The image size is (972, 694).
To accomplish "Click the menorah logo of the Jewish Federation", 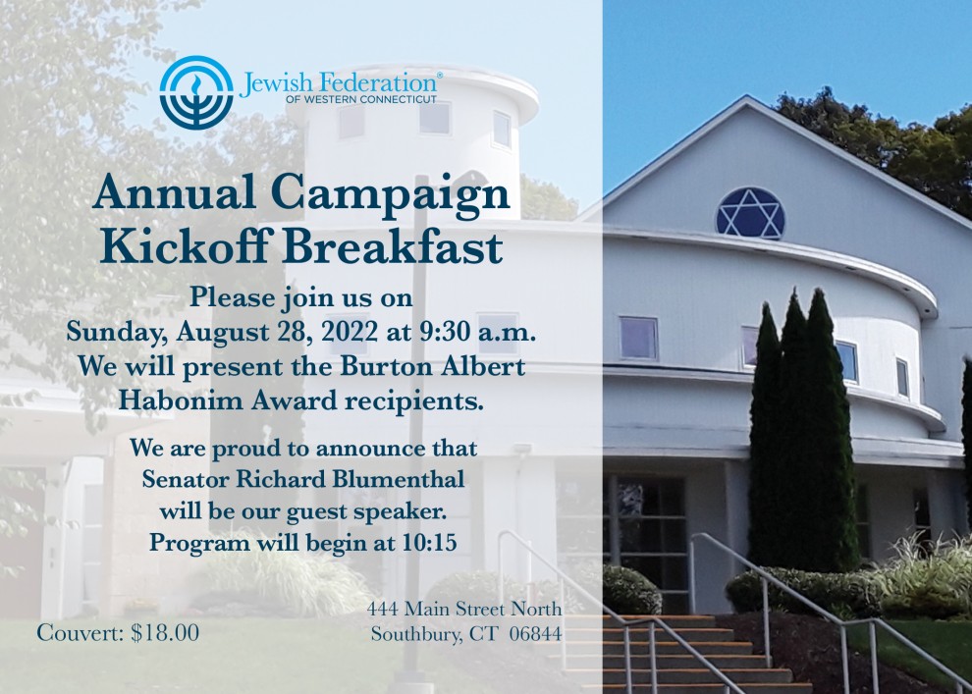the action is point(196,92).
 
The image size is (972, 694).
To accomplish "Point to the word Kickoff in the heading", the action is point(185,246).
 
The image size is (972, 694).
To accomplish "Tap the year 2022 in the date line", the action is point(349,332).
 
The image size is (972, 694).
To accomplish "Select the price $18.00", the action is point(165,633).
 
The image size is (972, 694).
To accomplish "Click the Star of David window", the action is point(750,213).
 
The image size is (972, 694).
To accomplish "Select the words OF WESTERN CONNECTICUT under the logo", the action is point(361,99).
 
